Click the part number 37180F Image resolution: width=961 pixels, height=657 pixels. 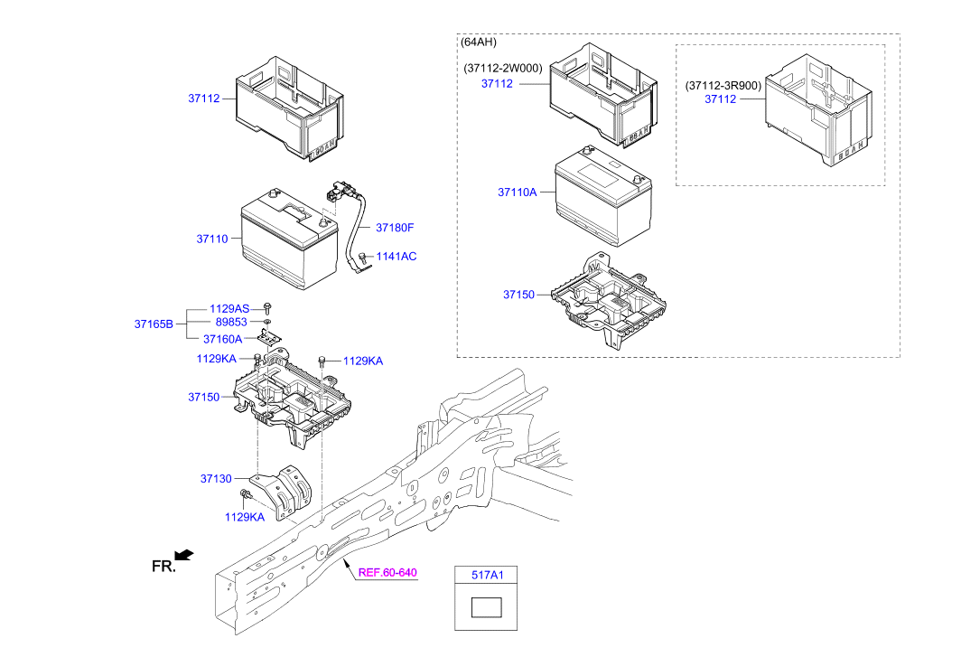click(394, 228)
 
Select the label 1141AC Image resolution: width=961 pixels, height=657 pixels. click(396, 257)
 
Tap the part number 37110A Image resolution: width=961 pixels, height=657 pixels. click(517, 192)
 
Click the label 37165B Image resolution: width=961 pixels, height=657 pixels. click(154, 324)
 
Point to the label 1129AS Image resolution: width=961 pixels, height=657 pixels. click(229, 309)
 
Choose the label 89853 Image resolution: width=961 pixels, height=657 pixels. click(231, 323)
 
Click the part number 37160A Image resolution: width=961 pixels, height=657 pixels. click(222, 339)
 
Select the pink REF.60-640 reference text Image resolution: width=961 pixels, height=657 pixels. click(388, 572)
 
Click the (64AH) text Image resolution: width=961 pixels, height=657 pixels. click(479, 42)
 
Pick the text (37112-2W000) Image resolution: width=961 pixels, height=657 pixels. click(503, 68)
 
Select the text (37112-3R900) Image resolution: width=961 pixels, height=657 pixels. click(723, 85)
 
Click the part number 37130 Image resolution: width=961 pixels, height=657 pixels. click(216, 478)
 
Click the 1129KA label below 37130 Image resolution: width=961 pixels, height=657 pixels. click(245, 517)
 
